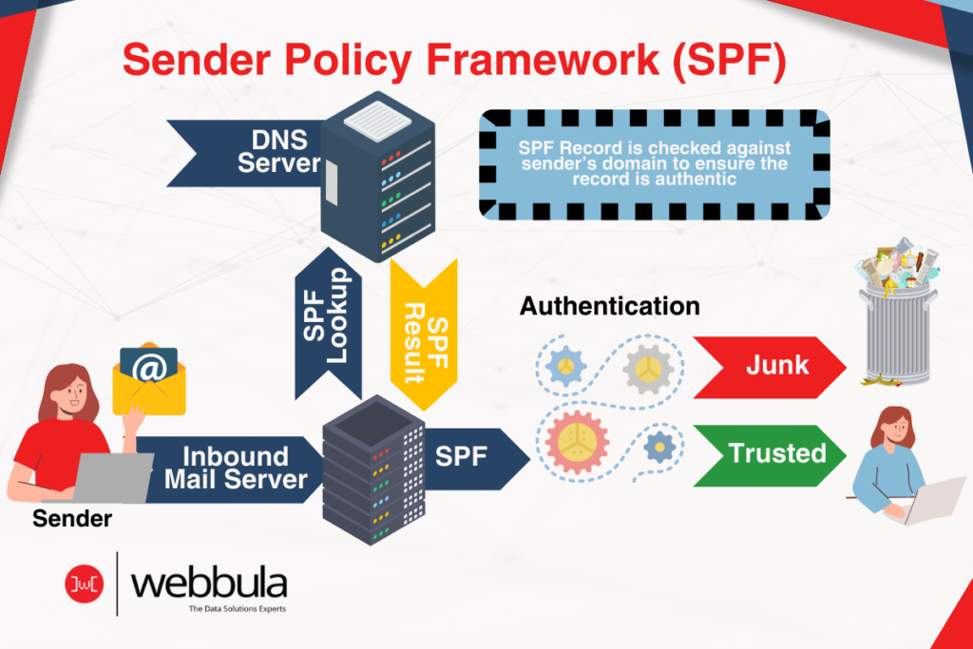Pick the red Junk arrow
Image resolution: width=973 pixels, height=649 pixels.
pyautogui.click(x=768, y=366)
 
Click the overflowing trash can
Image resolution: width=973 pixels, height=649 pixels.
pyautogui.click(x=896, y=318)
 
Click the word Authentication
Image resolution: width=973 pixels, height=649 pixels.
pyautogui.click(x=609, y=306)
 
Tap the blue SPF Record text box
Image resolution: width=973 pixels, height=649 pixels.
pyautogui.click(x=655, y=164)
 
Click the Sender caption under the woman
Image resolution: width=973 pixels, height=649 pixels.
pyautogui.click(x=71, y=519)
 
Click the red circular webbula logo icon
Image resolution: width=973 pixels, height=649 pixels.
pyautogui.click(x=84, y=582)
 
